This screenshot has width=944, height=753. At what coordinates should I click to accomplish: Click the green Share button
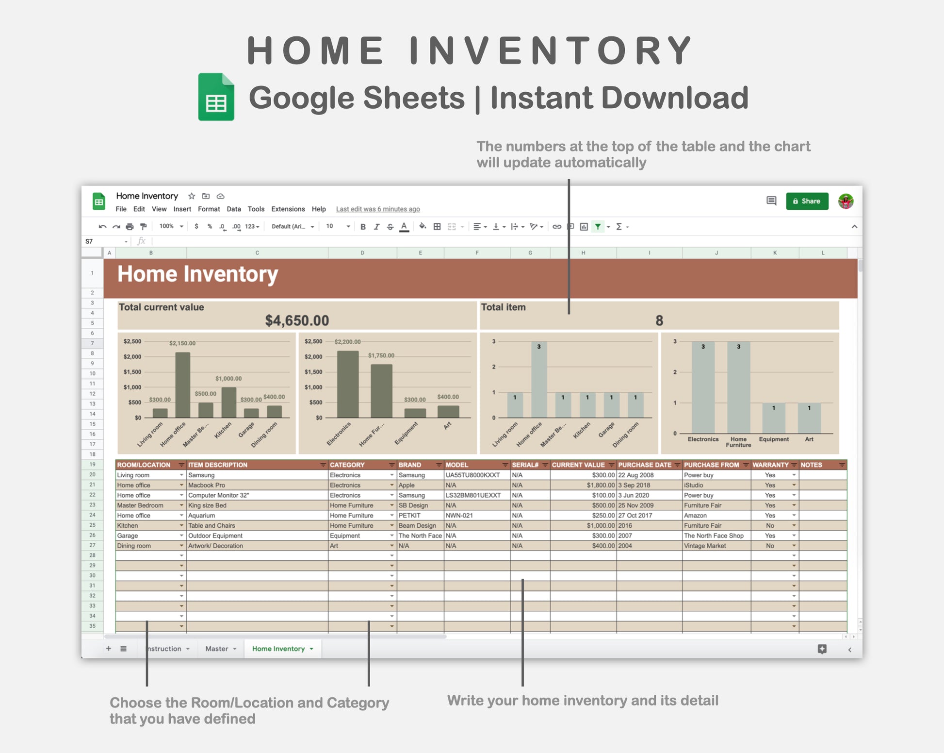coord(807,201)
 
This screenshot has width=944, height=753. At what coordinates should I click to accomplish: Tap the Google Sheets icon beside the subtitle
coord(216,97)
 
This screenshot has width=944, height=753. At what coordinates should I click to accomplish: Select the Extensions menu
coord(288,209)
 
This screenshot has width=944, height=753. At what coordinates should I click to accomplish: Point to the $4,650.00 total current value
coord(297,320)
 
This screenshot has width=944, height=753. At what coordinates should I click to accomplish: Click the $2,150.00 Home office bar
coord(182,385)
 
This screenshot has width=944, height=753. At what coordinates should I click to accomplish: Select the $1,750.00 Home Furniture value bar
coord(381,391)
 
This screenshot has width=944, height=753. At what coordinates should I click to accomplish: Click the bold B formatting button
coord(363,227)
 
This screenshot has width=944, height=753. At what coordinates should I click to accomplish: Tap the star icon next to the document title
coord(192,196)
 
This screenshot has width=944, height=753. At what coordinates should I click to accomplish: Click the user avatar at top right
coord(846,201)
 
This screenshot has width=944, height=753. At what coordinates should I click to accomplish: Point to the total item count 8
coord(659,320)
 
